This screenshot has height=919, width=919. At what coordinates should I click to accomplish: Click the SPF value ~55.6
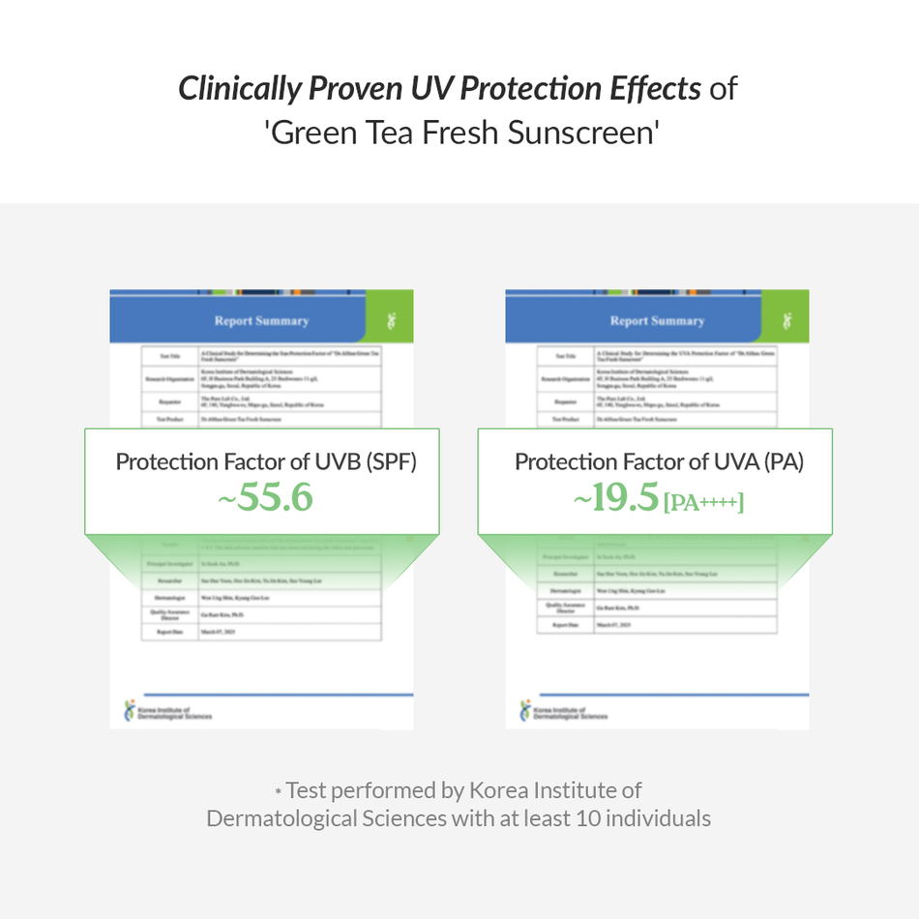265,497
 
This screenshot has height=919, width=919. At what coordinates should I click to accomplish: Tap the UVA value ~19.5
616,499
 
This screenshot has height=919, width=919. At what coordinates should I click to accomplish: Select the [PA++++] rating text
703,502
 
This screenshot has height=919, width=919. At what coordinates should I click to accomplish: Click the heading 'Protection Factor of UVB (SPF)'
266,461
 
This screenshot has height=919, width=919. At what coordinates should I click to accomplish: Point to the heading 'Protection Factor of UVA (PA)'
659,461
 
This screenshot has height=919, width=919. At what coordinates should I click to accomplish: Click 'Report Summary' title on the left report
261,320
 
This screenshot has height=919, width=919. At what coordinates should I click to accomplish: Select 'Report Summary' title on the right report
657,320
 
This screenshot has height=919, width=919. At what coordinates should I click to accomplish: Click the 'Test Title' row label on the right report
563,357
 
